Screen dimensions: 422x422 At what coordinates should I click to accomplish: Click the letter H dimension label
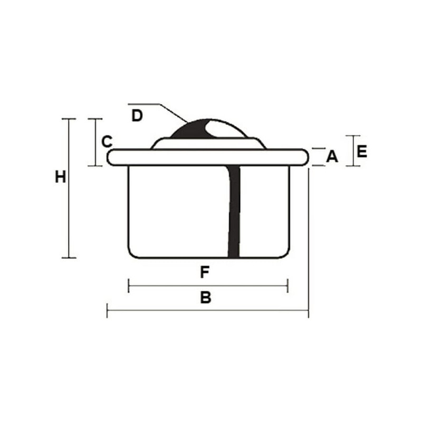click(x=60, y=177)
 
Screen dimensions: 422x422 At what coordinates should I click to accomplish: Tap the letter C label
click(x=107, y=141)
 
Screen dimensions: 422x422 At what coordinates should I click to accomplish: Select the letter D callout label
click(x=137, y=116)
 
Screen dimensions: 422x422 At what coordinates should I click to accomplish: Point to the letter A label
click(x=332, y=156)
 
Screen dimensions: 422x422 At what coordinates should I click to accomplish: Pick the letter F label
click(x=205, y=272)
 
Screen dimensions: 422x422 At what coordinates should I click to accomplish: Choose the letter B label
click(x=206, y=298)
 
